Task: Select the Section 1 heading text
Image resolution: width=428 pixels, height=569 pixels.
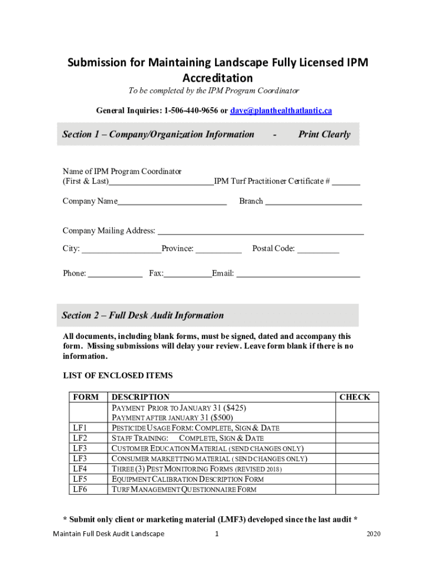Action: (x=158, y=134)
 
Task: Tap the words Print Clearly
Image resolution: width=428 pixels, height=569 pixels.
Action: (x=324, y=134)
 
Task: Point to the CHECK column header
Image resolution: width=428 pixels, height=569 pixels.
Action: (x=354, y=397)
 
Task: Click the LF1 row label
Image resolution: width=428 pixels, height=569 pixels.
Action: (x=80, y=428)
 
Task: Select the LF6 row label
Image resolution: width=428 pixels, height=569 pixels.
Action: (x=80, y=490)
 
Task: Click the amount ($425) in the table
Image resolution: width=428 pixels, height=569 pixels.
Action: (x=235, y=407)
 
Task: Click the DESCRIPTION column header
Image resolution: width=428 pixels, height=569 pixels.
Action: (x=141, y=397)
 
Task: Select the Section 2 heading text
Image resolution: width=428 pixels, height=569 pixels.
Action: (x=142, y=315)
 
